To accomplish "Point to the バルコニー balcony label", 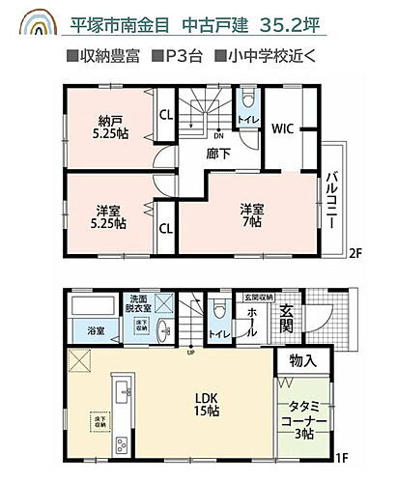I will pyautogui.click(x=330, y=197).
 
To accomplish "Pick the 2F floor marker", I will pyautogui.click(x=355, y=253).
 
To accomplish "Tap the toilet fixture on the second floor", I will pyautogui.click(x=246, y=100).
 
